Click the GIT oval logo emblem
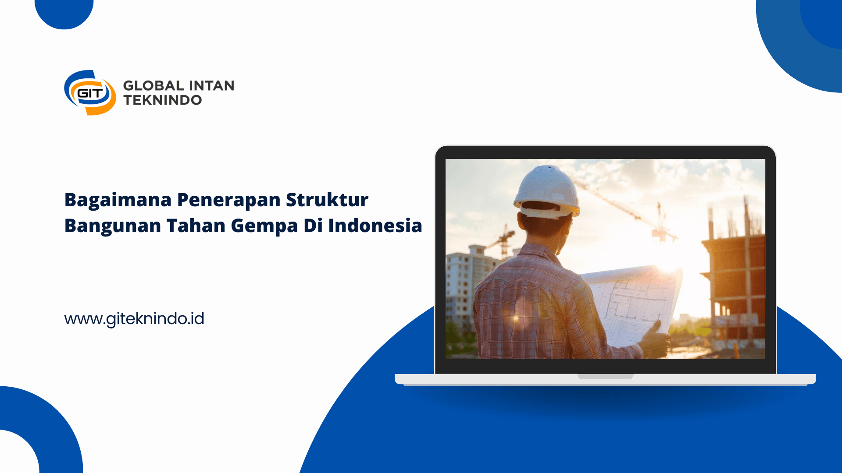click(x=90, y=93)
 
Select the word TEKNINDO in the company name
click(x=163, y=100)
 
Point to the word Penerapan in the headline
click(x=229, y=201)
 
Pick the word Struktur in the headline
click(x=327, y=200)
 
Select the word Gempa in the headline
click(x=264, y=226)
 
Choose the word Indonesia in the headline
click(x=375, y=226)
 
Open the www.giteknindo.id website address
click(x=134, y=319)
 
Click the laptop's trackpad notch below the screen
click(x=605, y=376)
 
